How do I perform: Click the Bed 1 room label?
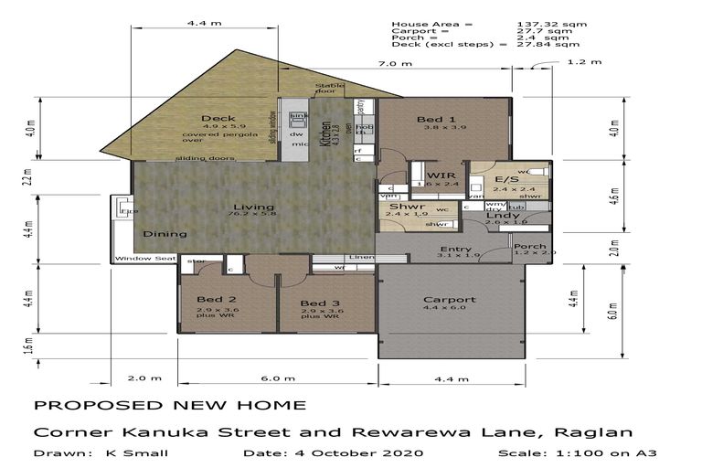[x=437, y=120]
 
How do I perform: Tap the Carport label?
[x=449, y=300]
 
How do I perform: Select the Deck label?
[x=218, y=118]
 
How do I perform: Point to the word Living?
[x=247, y=207]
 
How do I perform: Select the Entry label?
[x=455, y=250]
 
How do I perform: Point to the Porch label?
[x=530, y=246]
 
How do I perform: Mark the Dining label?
[x=165, y=234]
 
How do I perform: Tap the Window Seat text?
[x=145, y=259]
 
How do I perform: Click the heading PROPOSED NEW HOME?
[x=170, y=405]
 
